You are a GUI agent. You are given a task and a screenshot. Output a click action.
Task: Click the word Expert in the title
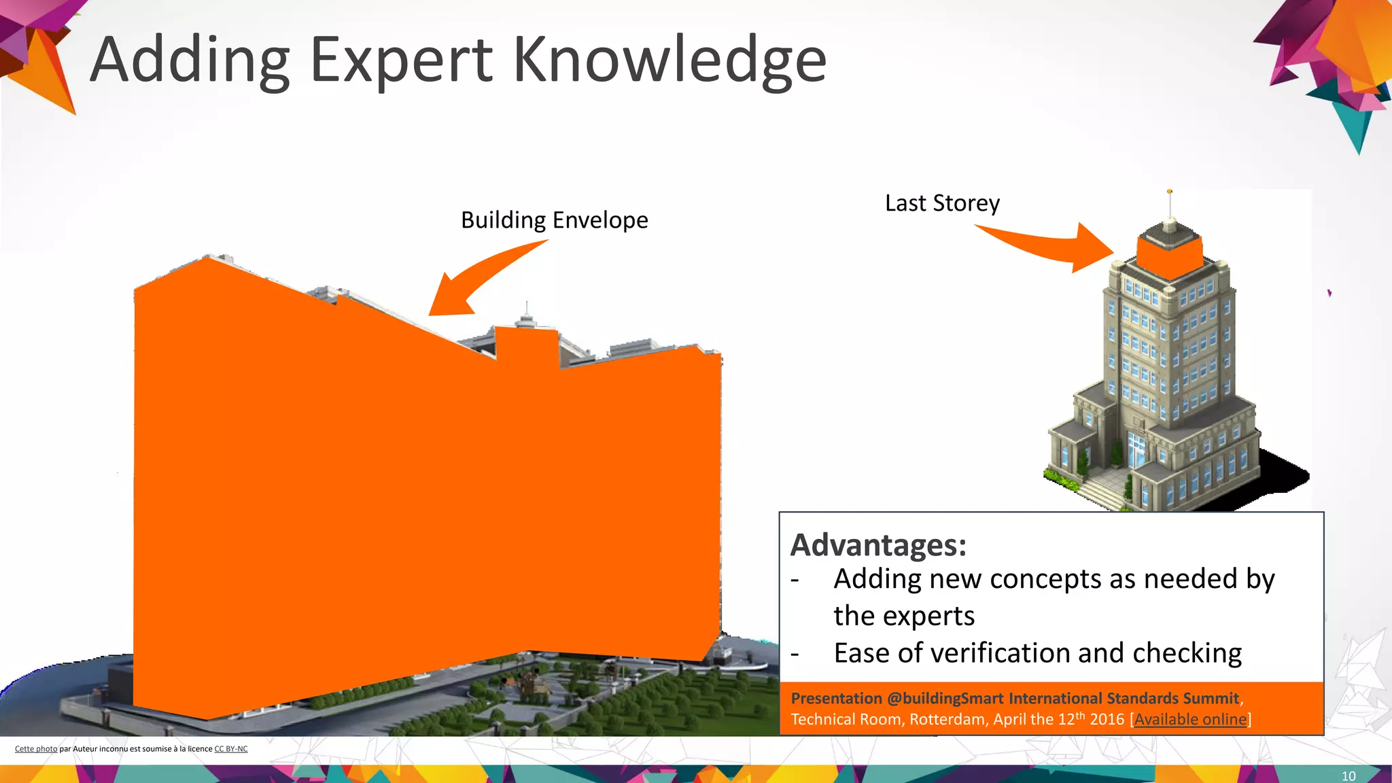pyautogui.click(x=400, y=61)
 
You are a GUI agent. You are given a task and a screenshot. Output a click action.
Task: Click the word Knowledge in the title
pyautogui.click(x=669, y=61)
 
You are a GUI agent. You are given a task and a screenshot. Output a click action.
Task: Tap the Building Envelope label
pyautogui.click(x=554, y=220)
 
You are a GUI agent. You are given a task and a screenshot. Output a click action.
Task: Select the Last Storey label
pyautogui.click(x=942, y=203)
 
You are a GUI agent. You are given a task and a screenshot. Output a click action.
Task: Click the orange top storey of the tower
pyautogui.click(x=1168, y=257)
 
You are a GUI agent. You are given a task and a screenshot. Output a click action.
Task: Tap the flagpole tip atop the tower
pyautogui.click(x=1169, y=192)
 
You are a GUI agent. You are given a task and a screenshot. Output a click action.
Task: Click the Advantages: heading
pyautogui.click(x=878, y=545)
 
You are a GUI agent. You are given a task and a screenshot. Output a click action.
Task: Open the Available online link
pyautogui.click(x=1190, y=719)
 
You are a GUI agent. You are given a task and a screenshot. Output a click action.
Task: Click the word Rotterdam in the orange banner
pyautogui.click(x=947, y=719)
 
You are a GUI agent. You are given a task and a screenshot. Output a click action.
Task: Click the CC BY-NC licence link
pyautogui.click(x=230, y=749)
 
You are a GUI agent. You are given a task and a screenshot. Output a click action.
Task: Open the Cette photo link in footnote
pyautogui.click(x=36, y=749)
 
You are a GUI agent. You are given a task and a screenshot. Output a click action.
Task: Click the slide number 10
pyautogui.click(x=1348, y=776)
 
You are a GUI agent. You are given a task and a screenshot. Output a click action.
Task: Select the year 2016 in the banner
pyautogui.click(x=1107, y=719)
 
